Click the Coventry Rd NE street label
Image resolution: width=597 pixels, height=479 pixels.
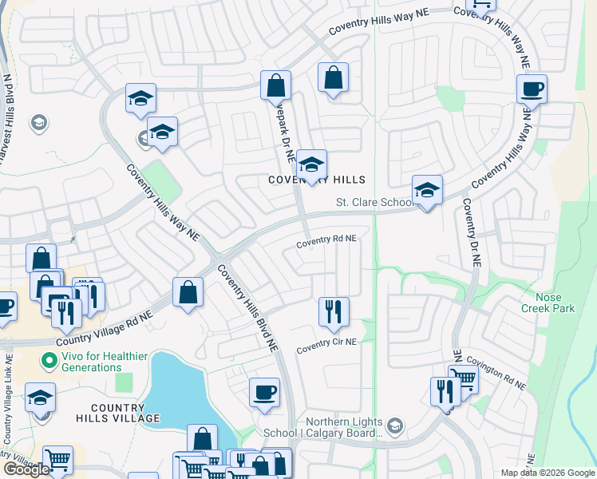(327, 239)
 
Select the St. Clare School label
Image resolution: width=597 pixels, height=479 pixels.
(373, 203)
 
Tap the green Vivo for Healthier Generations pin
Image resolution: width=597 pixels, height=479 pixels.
(50, 361)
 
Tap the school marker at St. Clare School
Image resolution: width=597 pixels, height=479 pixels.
(427, 190)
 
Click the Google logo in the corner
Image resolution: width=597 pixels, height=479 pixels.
(26, 469)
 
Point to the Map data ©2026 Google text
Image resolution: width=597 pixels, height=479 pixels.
(548, 473)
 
